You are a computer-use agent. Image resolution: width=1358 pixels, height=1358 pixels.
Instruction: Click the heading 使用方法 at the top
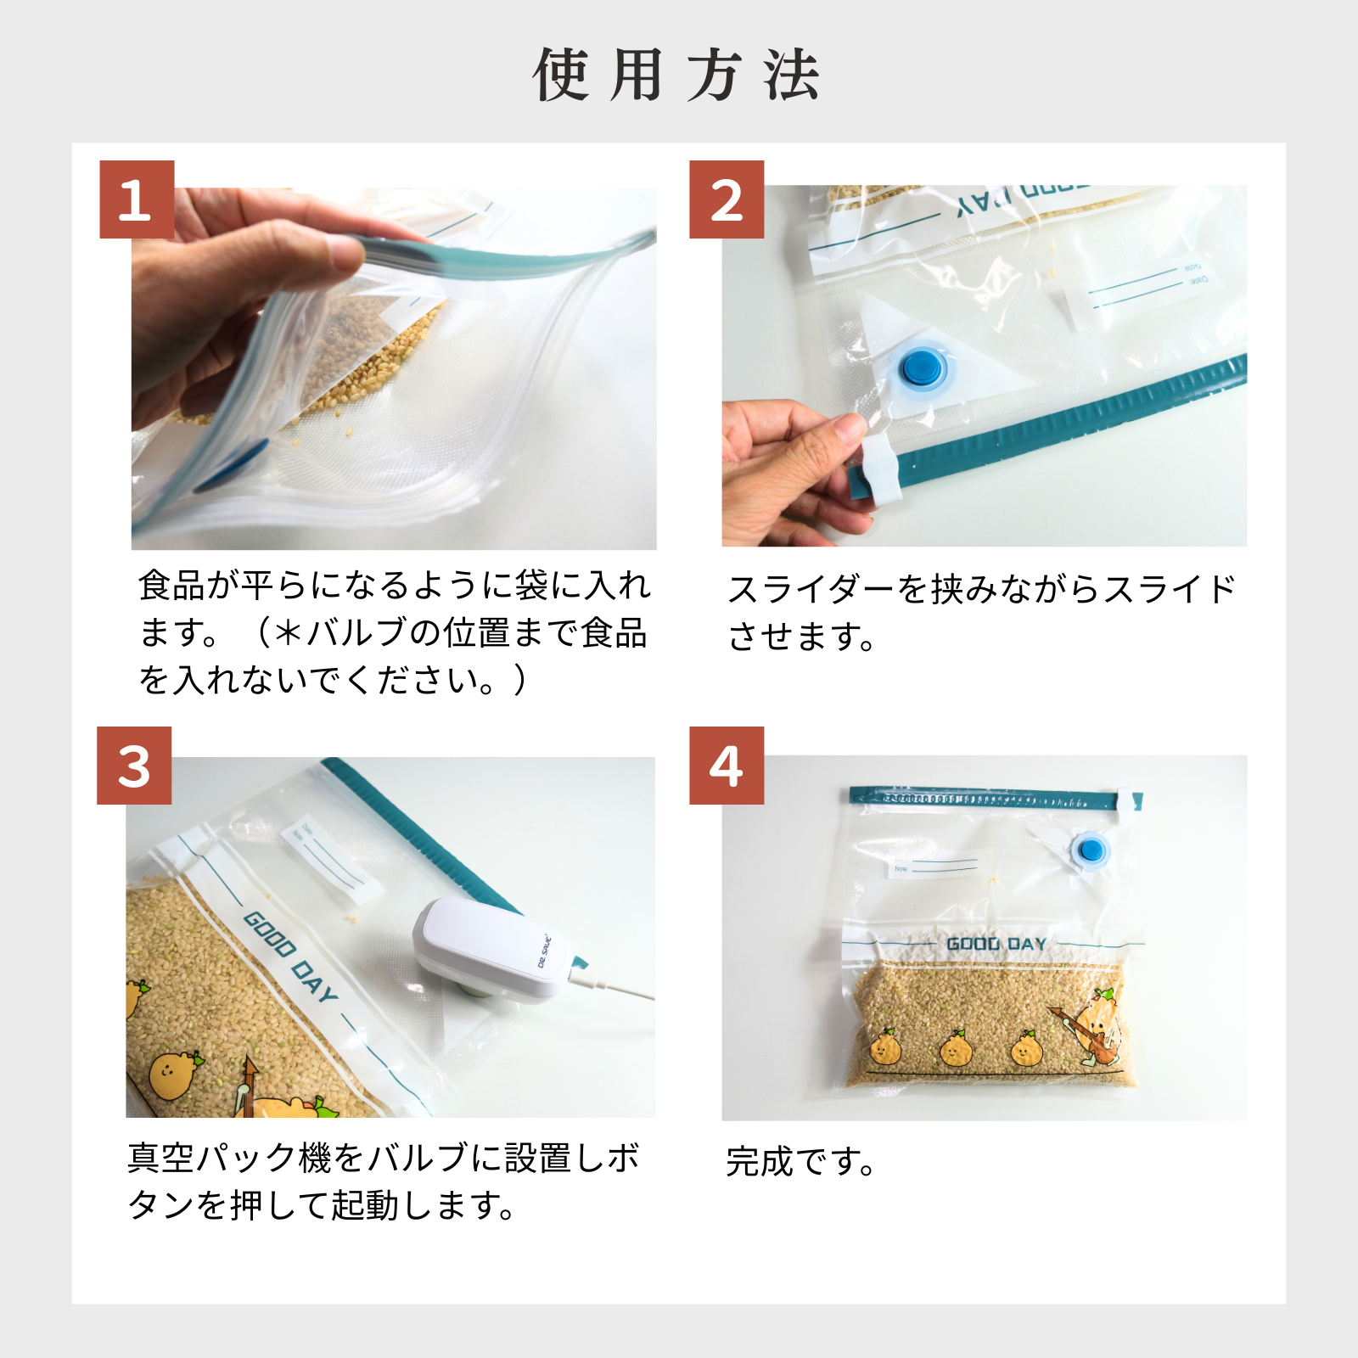676,76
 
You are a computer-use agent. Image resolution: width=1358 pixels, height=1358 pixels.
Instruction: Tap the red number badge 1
137,199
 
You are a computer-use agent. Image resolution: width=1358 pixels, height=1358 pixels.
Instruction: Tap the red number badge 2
727,199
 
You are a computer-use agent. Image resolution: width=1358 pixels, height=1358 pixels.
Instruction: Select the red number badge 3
134,766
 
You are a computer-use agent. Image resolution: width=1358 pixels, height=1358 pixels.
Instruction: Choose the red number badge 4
727,766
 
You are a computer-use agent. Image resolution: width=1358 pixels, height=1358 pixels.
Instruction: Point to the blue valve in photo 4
1089,850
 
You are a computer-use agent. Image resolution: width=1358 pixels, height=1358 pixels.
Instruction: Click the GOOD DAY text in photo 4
996,944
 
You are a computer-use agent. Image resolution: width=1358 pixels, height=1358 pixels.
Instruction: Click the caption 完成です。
800,1162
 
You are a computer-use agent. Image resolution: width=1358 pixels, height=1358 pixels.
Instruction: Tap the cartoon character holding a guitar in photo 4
1092,1029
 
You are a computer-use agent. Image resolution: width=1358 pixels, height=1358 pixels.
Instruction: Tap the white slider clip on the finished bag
1128,803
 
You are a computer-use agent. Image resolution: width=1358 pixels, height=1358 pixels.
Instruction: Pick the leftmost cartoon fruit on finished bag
885,1049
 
